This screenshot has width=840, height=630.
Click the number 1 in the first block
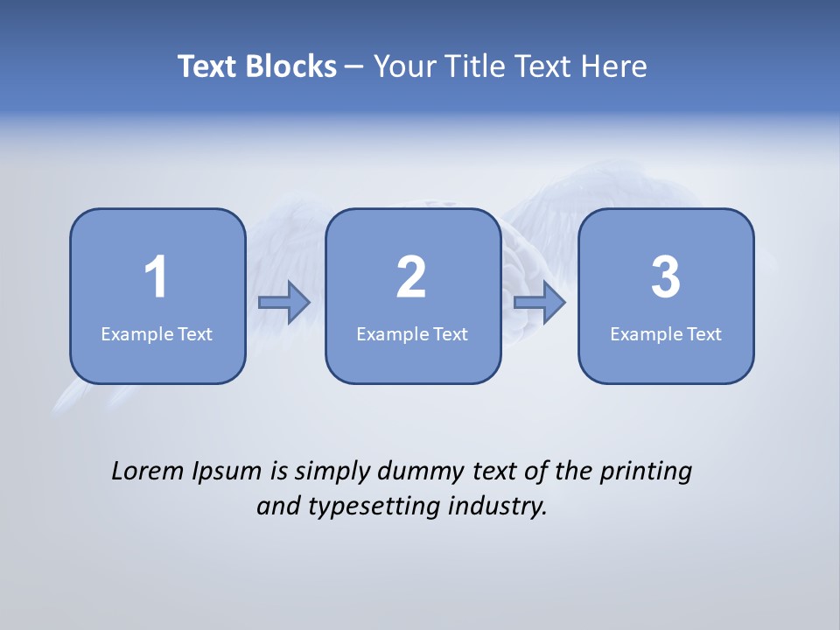point(157,277)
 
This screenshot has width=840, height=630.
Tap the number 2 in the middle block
point(411,277)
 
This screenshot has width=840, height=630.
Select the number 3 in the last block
point(666,277)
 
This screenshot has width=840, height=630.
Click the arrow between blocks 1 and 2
point(284,303)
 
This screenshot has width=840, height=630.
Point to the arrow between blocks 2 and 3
point(540,303)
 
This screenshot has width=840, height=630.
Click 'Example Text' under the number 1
point(157,333)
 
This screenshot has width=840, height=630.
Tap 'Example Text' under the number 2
point(412,333)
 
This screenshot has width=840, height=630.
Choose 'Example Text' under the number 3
point(666,333)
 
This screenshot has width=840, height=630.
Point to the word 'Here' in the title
point(615,66)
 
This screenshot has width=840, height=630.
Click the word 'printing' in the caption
point(645,472)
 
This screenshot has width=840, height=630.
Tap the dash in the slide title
point(355,67)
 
